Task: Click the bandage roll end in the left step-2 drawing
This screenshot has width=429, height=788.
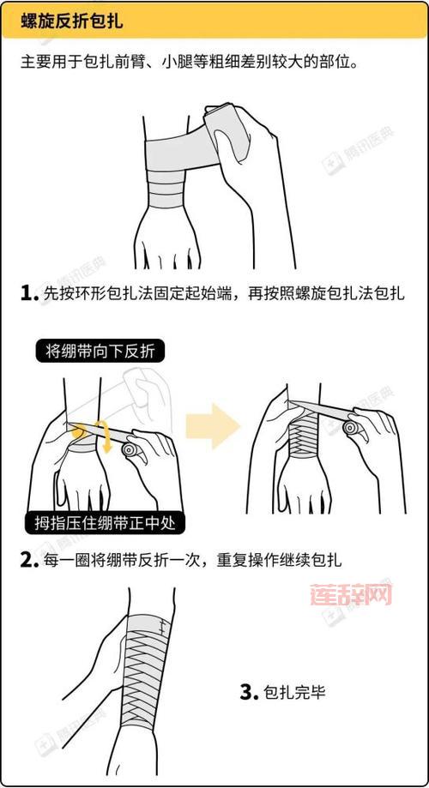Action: tap(130, 448)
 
